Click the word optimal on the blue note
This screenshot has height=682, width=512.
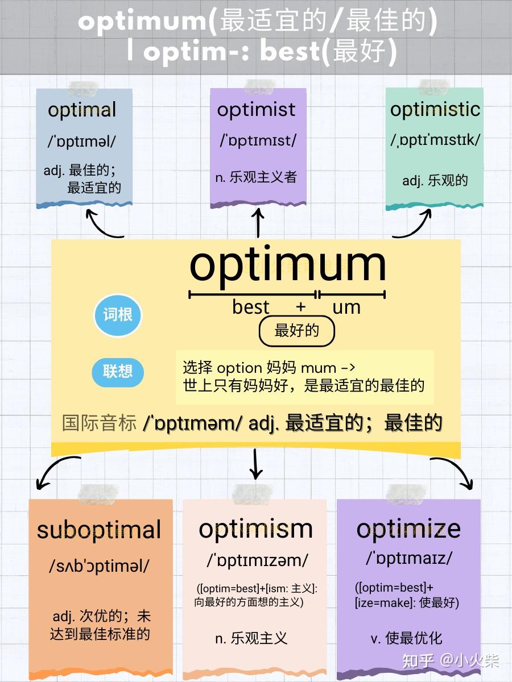click(x=82, y=110)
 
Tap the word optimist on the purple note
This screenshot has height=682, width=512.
click(x=257, y=109)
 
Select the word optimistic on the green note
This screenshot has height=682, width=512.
click(x=435, y=109)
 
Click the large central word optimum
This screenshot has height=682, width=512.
click(x=287, y=264)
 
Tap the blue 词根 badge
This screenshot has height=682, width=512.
click(x=118, y=315)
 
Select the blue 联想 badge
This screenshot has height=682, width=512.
click(x=118, y=372)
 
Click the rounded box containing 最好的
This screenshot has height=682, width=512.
click(x=296, y=331)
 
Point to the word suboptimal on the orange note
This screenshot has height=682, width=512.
click(x=99, y=530)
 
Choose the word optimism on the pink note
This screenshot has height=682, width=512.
click(x=255, y=529)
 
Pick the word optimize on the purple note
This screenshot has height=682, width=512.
click(x=408, y=529)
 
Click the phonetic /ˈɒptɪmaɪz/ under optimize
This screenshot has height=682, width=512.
click(x=409, y=559)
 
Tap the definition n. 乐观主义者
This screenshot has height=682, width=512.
click(x=256, y=177)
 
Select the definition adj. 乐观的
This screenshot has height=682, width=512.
click(x=435, y=180)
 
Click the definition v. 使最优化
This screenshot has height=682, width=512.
click(x=406, y=638)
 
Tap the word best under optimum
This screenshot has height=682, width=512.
click(x=250, y=307)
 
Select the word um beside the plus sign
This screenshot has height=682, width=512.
click(x=346, y=307)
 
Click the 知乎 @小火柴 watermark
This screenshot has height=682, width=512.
click(x=451, y=660)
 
